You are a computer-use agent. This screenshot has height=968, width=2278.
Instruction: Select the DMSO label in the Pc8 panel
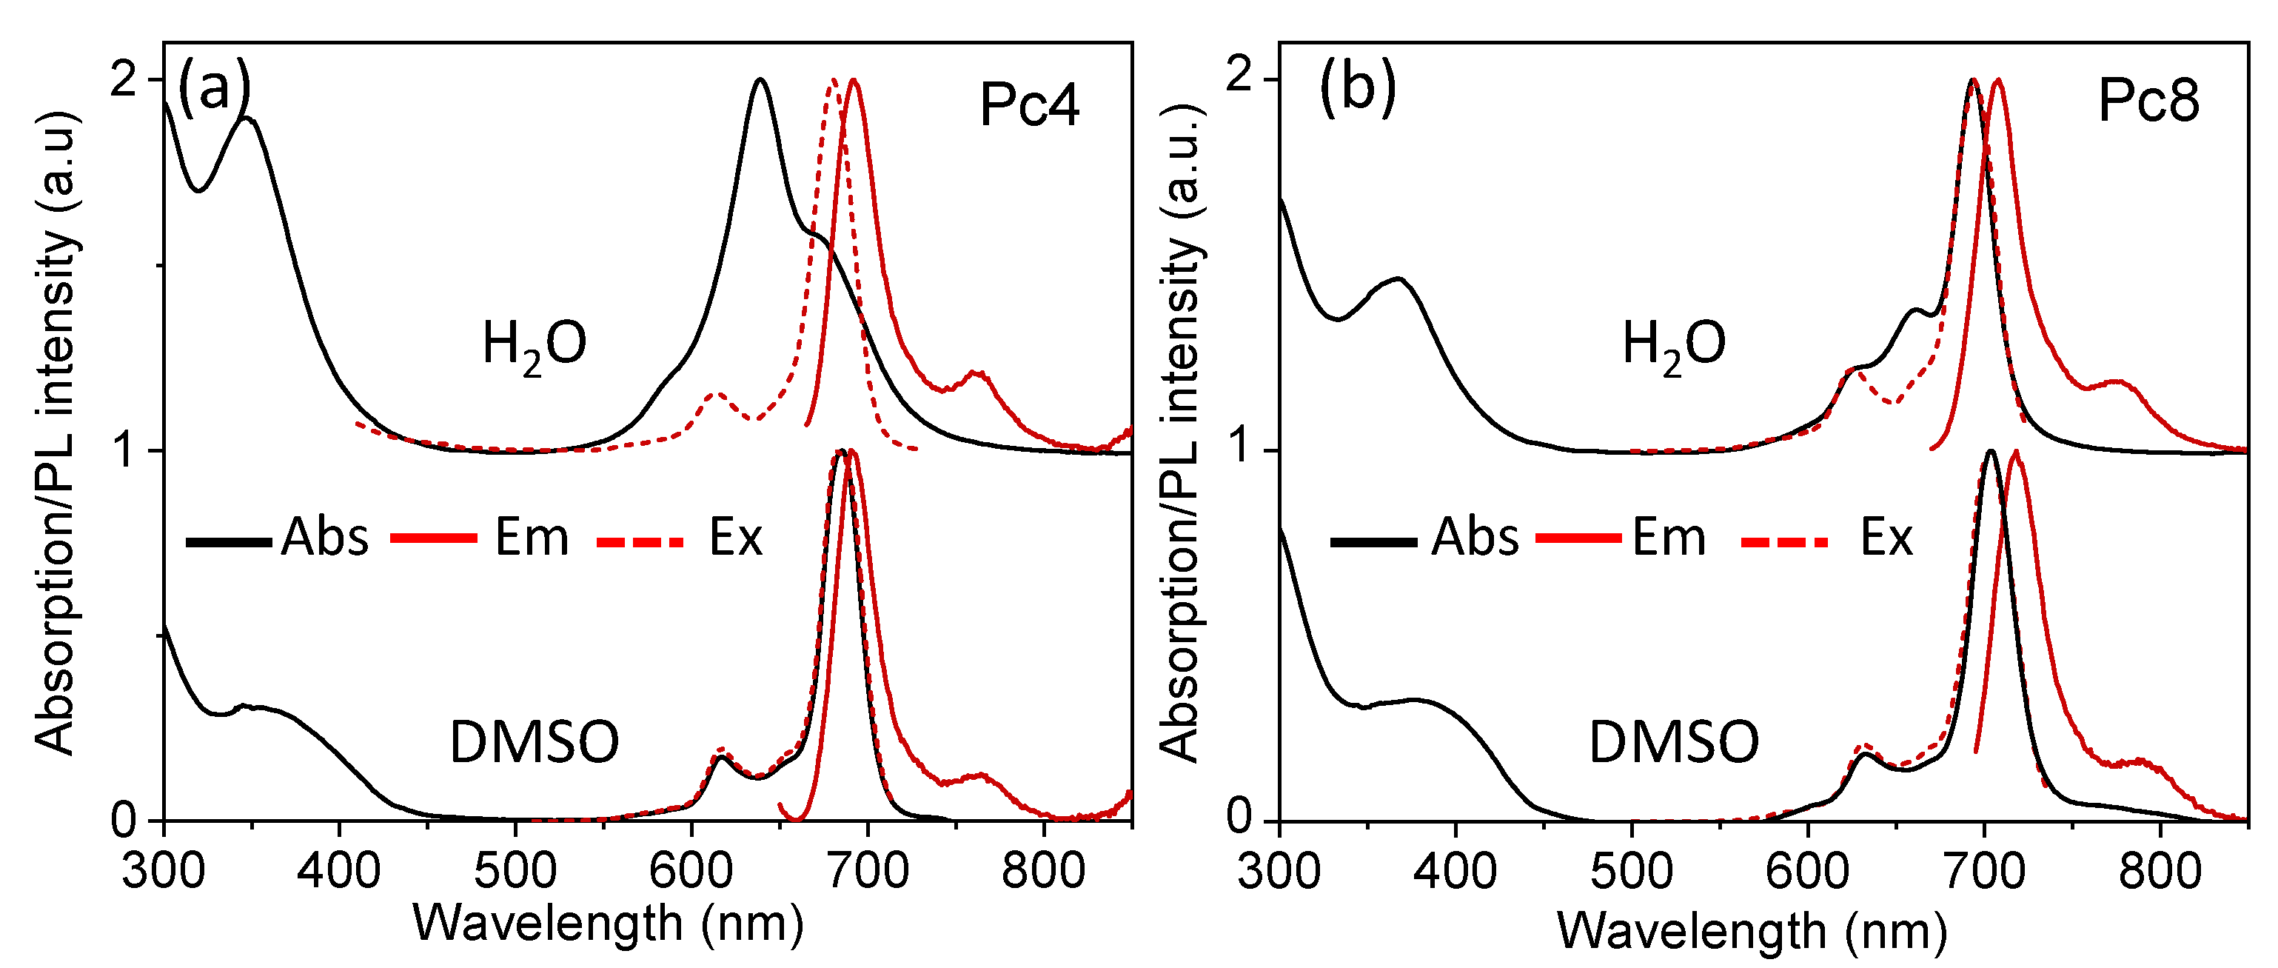pyautogui.click(x=1673, y=741)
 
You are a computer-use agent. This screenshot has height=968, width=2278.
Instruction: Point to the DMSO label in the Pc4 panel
pyautogui.click(x=534, y=741)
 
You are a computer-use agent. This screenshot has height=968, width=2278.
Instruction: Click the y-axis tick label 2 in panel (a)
pyautogui.click(x=124, y=81)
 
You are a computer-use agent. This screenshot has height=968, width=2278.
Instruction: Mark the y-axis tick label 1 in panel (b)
pyautogui.click(x=1242, y=450)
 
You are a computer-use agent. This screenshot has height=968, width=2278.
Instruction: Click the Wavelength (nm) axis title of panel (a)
pyautogui.click(x=609, y=924)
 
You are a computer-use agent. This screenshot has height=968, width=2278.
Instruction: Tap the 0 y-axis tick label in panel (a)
pyautogui.click(x=124, y=821)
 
